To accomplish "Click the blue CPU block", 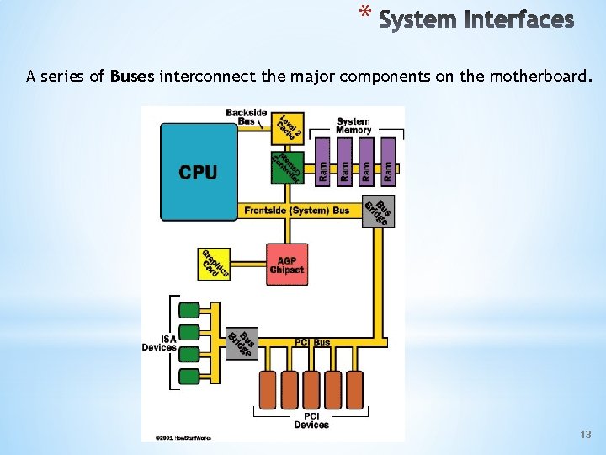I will pos(199,172).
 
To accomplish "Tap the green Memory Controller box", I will pos(287,167).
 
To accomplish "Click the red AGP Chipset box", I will pos(286,265).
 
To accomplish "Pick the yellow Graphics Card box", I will pos(215,264).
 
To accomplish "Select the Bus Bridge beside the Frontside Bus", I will pos(378,211).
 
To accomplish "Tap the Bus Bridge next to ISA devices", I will pos(243,342).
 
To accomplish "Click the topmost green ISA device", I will pos(189,309).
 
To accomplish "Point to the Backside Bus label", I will pos(246,116).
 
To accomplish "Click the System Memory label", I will pos(353,126).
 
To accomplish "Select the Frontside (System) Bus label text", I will pos(296,211).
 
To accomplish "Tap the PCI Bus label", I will pos(312,343).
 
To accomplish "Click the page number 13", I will pos(586,435).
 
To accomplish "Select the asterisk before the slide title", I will pos(364,14).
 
